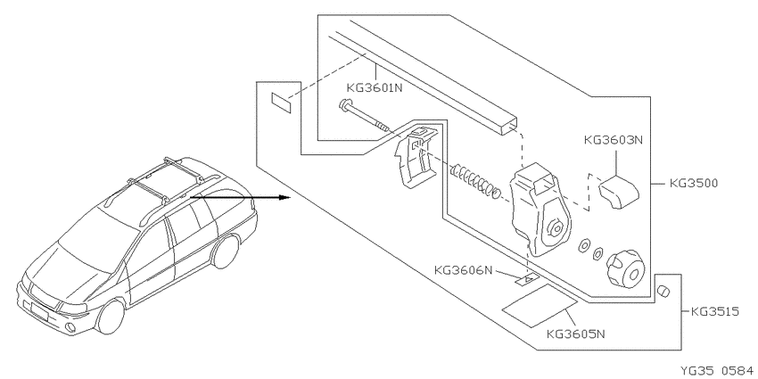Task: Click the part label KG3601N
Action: click(x=375, y=88)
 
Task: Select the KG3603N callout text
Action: click(x=614, y=140)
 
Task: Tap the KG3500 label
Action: click(x=694, y=183)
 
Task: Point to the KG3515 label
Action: click(x=715, y=312)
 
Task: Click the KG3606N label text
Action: click(x=463, y=270)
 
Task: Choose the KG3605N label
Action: click(x=576, y=334)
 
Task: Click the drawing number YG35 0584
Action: click(x=718, y=371)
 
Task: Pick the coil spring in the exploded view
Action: click(x=475, y=181)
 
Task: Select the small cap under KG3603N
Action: click(x=619, y=192)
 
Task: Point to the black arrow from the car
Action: click(x=240, y=197)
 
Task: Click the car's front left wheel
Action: click(x=111, y=317)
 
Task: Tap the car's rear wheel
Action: click(x=226, y=251)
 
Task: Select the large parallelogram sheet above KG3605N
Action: click(x=540, y=306)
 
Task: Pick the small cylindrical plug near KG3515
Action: click(x=663, y=291)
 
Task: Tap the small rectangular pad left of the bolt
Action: click(x=281, y=103)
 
